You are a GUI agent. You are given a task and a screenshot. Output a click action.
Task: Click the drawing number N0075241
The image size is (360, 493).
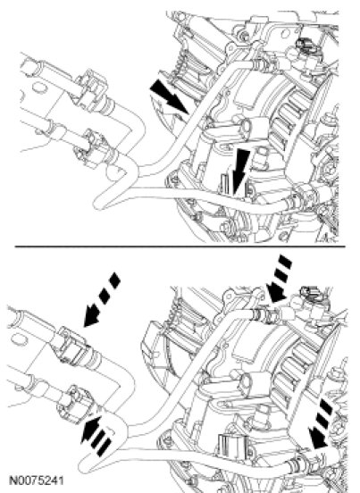click(37, 480)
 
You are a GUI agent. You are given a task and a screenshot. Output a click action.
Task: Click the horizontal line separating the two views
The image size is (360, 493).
click(180, 246)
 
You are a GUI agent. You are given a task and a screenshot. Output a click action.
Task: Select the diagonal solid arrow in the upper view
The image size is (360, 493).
click(169, 96)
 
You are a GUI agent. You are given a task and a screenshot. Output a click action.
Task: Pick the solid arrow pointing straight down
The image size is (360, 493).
click(240, 172)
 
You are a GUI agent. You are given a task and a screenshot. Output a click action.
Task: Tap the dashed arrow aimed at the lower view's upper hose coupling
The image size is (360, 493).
click(102, 299)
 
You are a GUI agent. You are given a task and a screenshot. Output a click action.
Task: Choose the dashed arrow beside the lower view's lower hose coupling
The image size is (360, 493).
click(96, 436)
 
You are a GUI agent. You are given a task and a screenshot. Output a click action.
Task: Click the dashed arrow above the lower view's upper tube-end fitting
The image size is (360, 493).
click(279, 279)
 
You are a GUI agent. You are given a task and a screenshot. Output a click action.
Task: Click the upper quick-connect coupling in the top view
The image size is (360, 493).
click(93, 89)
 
